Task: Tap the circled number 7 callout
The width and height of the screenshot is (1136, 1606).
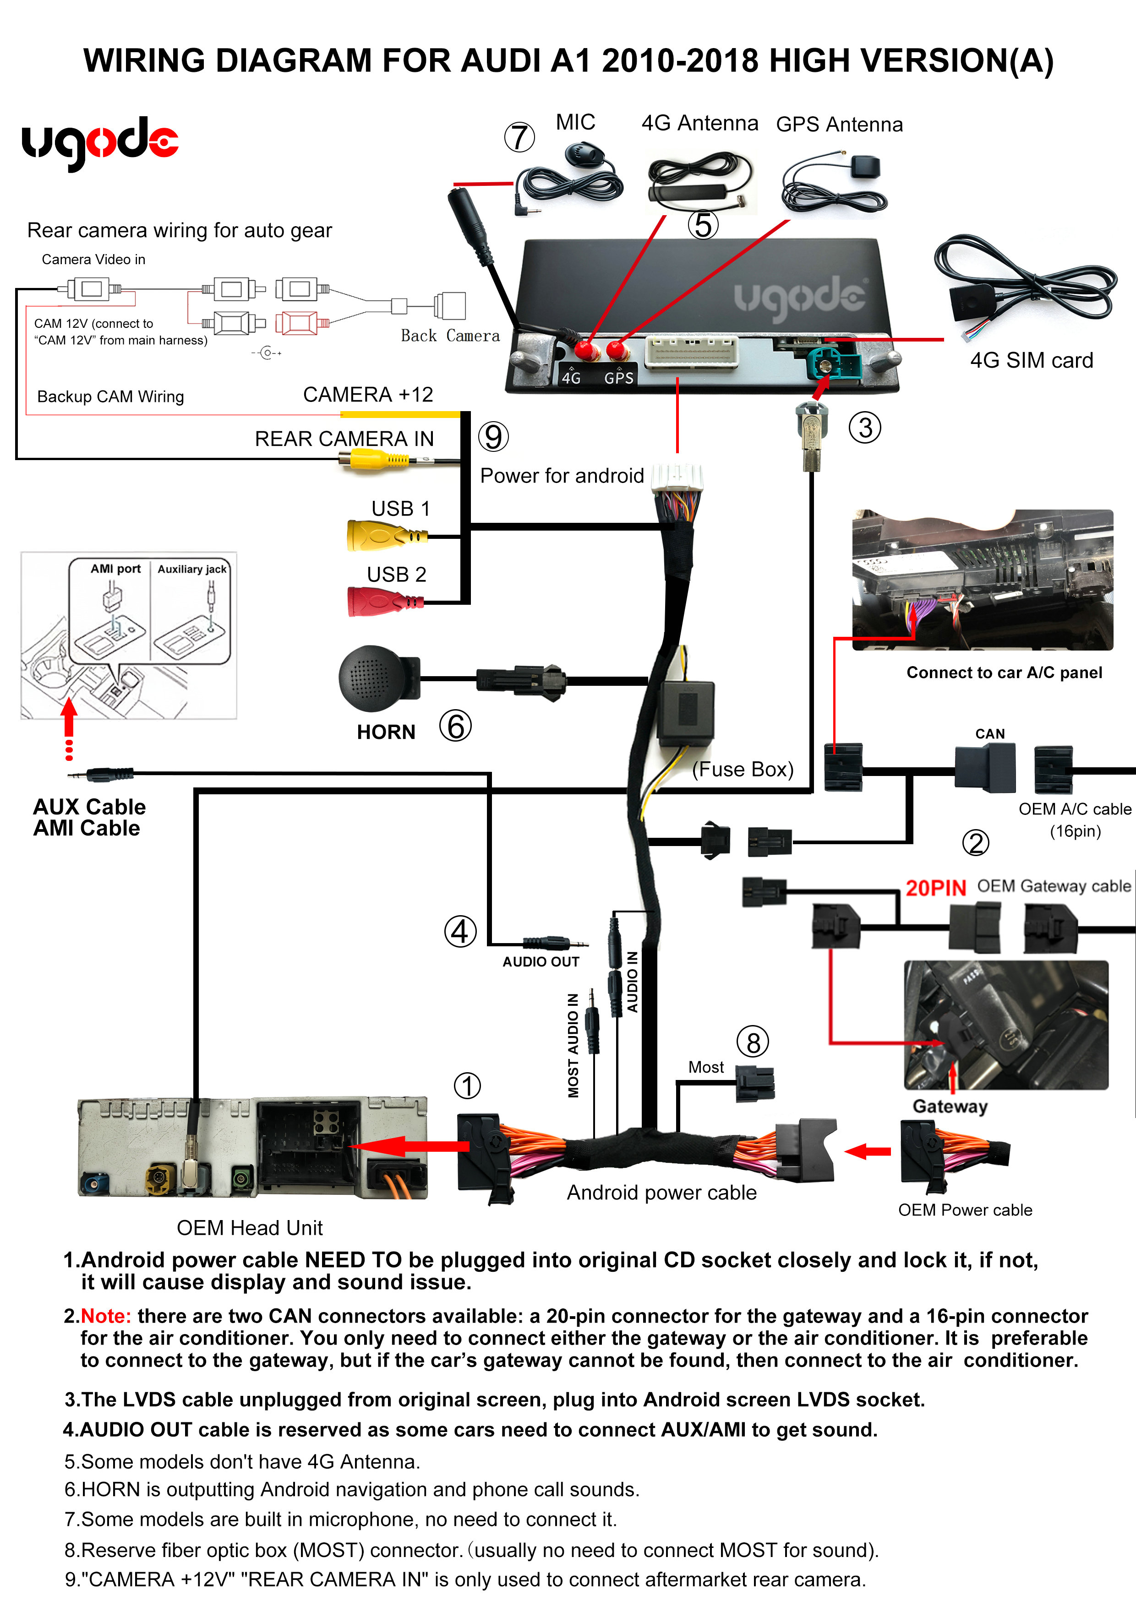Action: [519, 137]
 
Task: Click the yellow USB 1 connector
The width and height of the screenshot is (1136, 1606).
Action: [382, 536]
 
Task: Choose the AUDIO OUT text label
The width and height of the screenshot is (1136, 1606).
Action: [541, 962]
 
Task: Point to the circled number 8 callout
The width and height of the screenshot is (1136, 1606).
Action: [753, 1043]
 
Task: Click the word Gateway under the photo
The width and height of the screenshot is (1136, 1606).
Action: [950, 1106]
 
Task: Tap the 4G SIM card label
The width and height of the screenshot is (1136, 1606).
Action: [1031, 360]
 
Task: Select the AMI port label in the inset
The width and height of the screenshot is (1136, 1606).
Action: [115, 569]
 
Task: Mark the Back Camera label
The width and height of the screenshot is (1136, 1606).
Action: [450, 336]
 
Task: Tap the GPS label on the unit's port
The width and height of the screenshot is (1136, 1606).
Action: [619, 378]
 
